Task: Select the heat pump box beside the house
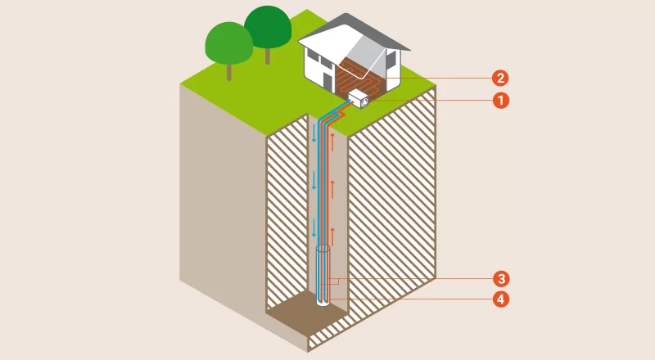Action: point(359,100)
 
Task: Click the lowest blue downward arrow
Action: point(314,225)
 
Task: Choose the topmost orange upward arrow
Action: point(332,142)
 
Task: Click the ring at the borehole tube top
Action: point(323,250)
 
